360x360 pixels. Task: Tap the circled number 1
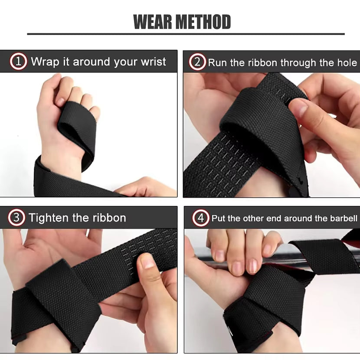coord(18,62)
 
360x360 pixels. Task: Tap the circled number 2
coord(197,62)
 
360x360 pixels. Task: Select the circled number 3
coord(16,217)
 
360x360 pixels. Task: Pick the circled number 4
coord(200,218)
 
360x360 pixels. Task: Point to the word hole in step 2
coord(347,62)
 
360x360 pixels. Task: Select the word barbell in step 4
coord(343,218)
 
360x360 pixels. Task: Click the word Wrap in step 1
coord(45,62)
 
